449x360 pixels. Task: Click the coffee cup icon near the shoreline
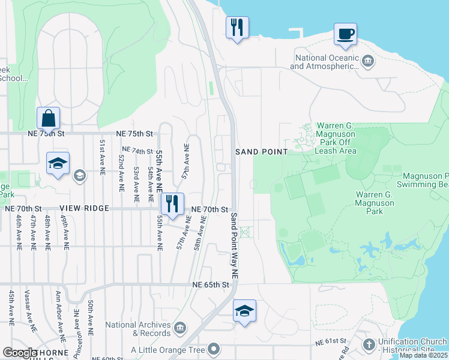point(345,34)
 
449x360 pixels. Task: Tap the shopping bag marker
point(48,118)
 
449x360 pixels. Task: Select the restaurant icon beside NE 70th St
point(172,203)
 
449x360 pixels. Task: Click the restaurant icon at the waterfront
point(237,28)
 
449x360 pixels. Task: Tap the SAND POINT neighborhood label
point(262,152)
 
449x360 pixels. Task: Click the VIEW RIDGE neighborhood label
point(84,208)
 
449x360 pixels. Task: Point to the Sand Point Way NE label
point(235,245)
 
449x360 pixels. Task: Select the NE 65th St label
point(211,284)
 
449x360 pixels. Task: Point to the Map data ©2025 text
point(423,355)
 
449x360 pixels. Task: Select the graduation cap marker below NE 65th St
point(244,311)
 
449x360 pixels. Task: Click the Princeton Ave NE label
point(76,330)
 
